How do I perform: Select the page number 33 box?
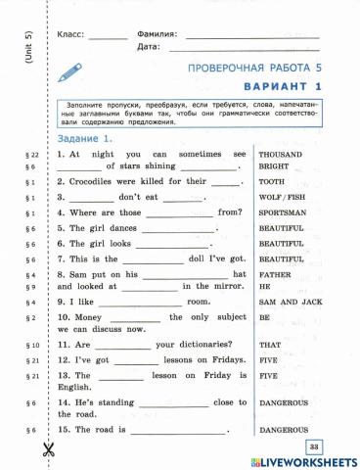click(x=314, y=446)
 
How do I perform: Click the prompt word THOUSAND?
click(x=280, y=155)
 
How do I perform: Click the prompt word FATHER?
click(x=276, y=276)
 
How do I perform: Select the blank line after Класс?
click(x=108, y=36)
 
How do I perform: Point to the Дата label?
click(x=148, y=46)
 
